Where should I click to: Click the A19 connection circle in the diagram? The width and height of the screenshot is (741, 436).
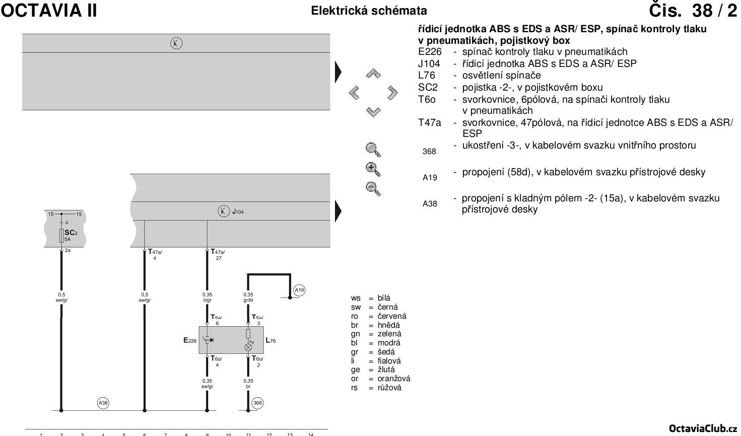299,289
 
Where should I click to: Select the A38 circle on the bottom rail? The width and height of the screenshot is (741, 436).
103,403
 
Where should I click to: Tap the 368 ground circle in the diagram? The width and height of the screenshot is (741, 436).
257,403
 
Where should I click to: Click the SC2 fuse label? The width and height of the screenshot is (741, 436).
71,233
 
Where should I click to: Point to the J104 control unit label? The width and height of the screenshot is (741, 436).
238,212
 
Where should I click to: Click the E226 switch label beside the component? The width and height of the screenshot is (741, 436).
190,341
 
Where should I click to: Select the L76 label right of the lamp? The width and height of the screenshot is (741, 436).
271,341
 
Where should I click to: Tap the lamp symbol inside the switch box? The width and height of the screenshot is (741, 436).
248,347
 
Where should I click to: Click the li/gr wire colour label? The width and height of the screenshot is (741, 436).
207,300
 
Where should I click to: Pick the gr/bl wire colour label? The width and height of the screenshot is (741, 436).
248,300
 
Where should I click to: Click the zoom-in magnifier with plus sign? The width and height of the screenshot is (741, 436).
373,169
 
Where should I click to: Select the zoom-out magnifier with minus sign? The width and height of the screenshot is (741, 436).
373,189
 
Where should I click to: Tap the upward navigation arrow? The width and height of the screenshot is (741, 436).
373,74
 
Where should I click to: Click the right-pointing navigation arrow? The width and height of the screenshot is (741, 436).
392,93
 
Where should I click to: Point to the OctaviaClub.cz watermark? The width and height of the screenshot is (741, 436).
703,428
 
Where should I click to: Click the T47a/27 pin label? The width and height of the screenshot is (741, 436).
218,255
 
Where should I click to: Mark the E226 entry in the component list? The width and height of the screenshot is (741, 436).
430,51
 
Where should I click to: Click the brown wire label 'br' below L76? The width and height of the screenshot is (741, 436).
248,387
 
